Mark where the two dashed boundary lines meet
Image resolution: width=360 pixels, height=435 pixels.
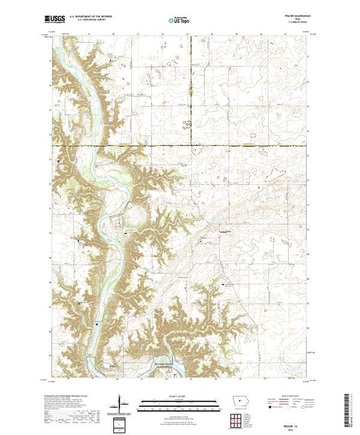tap(191, 146)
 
